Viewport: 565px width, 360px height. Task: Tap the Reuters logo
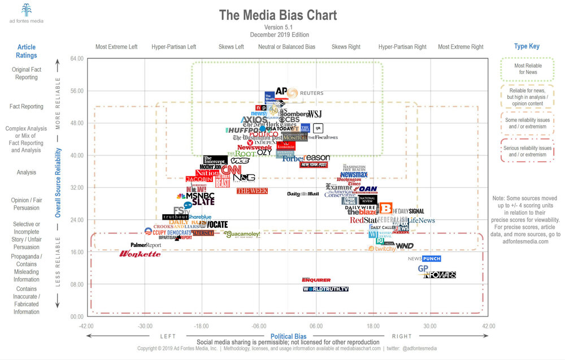(x=311, y=93)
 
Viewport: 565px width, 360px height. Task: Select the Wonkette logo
(x=140, y=254)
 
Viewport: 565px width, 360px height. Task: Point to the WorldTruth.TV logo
(x=325, y=289)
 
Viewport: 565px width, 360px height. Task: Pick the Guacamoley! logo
(x=242, y=234)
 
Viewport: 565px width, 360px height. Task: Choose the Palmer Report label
(x=146, y=245)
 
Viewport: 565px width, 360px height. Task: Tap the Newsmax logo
(x=354, y=175)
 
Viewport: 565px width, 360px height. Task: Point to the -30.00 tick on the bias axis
(x=145, y=326)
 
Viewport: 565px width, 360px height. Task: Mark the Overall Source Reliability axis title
(x=58, y=186)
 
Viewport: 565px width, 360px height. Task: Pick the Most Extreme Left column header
(x=116, y=47)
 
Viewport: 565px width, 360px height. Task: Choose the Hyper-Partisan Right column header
(x=402, y=47)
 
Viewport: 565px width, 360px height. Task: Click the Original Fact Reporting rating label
(x=27, y=73)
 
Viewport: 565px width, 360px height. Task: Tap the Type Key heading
(x=527, y=46)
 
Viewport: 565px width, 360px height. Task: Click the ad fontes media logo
(x=27, y=14)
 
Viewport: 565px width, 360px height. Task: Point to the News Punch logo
(x=424, y=258)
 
